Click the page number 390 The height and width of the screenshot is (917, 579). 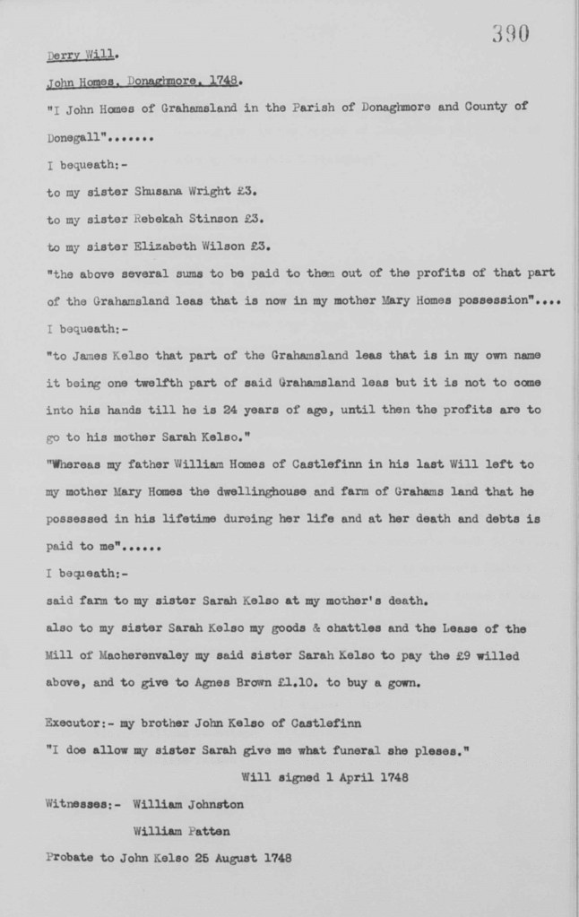(511, 34)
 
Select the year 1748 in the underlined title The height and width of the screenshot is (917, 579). (221, 81)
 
